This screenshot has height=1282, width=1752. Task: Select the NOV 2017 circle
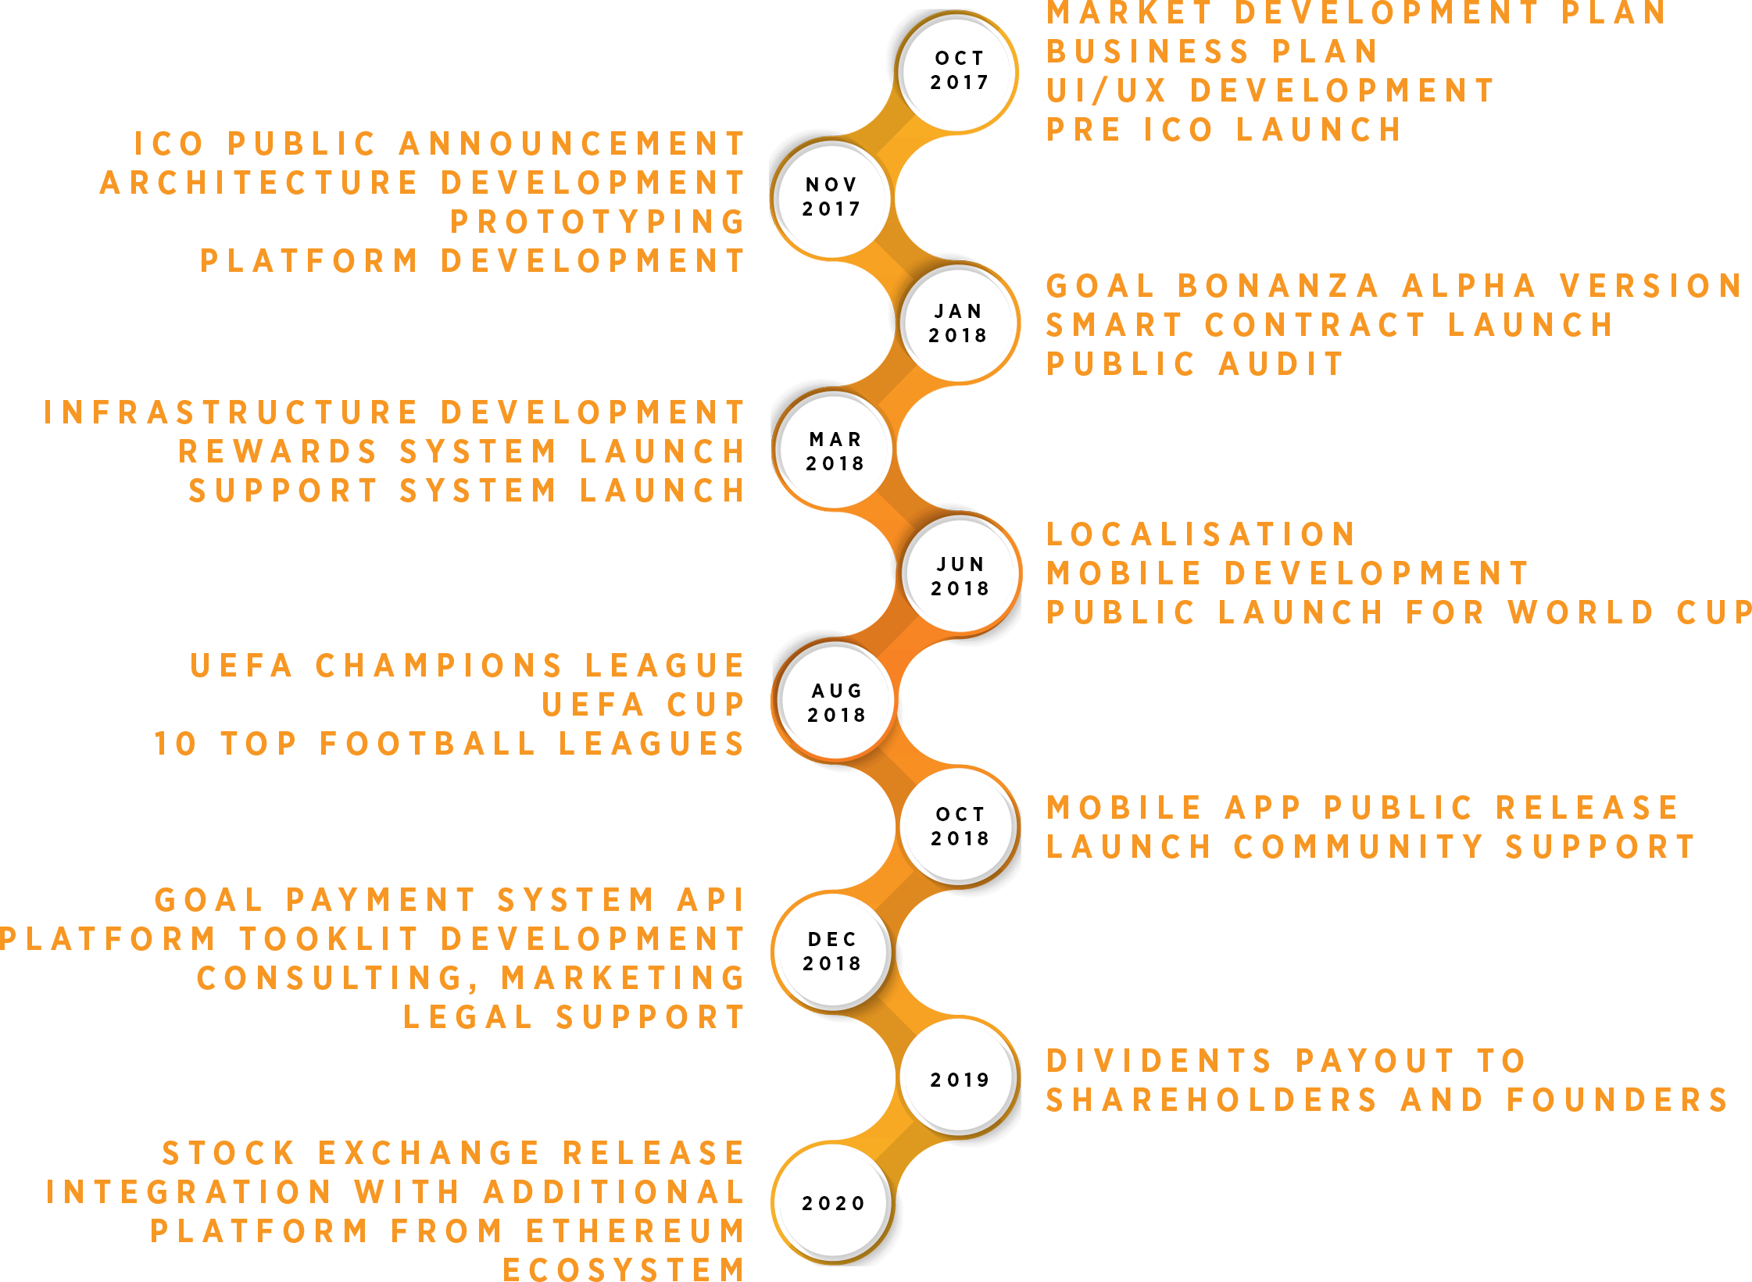pos(831,198)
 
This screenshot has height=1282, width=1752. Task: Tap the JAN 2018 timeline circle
pos(960,323)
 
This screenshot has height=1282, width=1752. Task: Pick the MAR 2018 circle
pos(835,449)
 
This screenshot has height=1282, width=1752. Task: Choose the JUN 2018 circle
pos(961,574)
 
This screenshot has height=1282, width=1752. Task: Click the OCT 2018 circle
pos(960,826)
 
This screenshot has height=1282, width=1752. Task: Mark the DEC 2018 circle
pos(832,952)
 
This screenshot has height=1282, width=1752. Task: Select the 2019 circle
pos(960,1078)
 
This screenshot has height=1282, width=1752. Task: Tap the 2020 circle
pos(833,1203)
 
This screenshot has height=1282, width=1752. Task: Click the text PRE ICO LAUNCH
pos(1224,130)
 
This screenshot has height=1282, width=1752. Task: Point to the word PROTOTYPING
pos(597,222)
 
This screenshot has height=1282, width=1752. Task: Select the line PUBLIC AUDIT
pos(1195,364)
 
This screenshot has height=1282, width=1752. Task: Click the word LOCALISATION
pos(1201,534)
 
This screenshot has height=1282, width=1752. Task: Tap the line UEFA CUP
pos(643,705)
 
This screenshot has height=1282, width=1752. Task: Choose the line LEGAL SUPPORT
pos(574,1017)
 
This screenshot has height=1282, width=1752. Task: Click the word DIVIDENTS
pos(1160,1061)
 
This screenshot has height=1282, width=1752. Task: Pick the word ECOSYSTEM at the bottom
pos(624,1270)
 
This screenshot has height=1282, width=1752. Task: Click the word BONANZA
pos(1278,286)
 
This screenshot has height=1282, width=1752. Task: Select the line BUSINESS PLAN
pos(1212,52)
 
